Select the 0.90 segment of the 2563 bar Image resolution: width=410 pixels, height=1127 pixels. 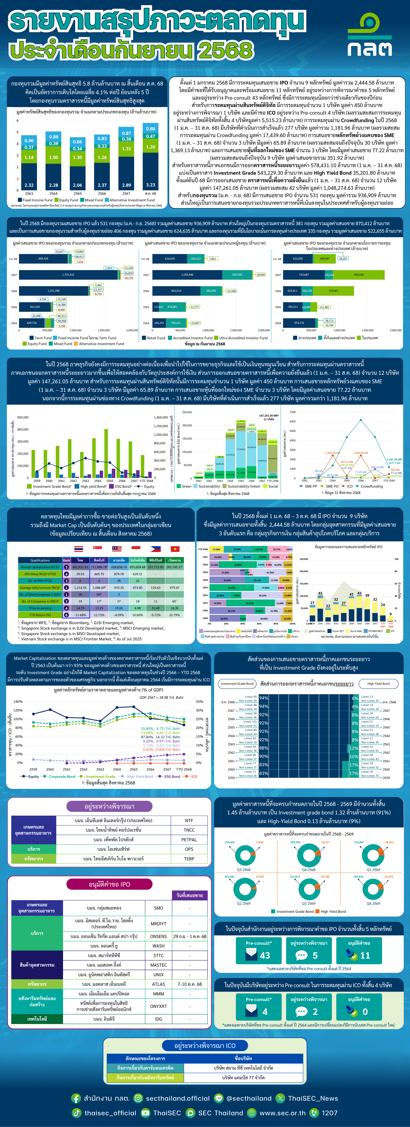pos(29,140)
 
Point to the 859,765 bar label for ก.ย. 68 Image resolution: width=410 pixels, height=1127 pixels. pos(43,259)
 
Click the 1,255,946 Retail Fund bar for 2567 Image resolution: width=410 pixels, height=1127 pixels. pos(187,275)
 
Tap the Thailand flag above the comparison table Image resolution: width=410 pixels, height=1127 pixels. pos(79,549)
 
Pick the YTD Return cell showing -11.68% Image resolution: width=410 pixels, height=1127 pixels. pos(80,615)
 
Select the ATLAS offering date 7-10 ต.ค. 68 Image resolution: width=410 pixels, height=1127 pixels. pos(189,984)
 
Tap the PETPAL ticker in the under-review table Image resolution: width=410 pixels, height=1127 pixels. pos(189,840)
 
